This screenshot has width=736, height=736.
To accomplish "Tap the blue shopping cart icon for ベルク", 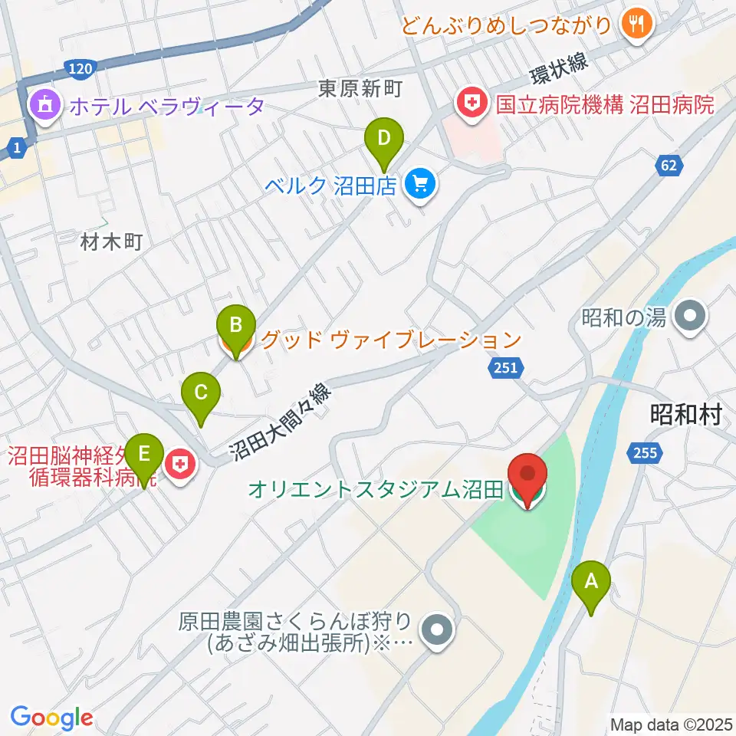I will [419, 185].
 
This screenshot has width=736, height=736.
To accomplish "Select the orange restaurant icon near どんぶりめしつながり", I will [636, 25].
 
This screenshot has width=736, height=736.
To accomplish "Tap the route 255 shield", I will [646, 454].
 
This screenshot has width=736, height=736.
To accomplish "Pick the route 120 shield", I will [80, 71].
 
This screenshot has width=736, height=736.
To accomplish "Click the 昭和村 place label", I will [686, 415].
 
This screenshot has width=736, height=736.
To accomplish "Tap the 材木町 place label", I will [112, 244].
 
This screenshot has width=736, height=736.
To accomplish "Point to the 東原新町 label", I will [360, 90].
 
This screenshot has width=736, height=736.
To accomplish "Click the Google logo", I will [51, 718].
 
